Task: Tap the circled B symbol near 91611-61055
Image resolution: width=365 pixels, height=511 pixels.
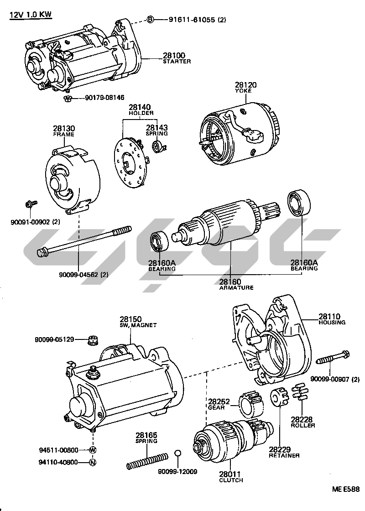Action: tap(151, 19)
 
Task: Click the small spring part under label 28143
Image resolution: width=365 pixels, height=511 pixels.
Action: tap(158, 146)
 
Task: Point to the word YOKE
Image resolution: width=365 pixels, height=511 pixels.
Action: tap(246, 91)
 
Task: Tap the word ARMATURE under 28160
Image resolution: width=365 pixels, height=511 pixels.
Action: tap(236, 288)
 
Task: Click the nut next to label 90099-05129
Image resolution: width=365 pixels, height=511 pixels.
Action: tap(93, 340)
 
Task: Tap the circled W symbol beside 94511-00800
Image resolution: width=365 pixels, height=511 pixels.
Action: tap(93, 450)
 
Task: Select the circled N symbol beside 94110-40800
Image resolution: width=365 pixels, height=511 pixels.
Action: tap(93, 462)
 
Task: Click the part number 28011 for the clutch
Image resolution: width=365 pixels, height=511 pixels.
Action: tap(231, 474)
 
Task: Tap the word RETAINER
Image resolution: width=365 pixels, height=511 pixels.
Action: tap(284, 456)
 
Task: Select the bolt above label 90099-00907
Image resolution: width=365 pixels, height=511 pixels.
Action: tap(333, 357)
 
